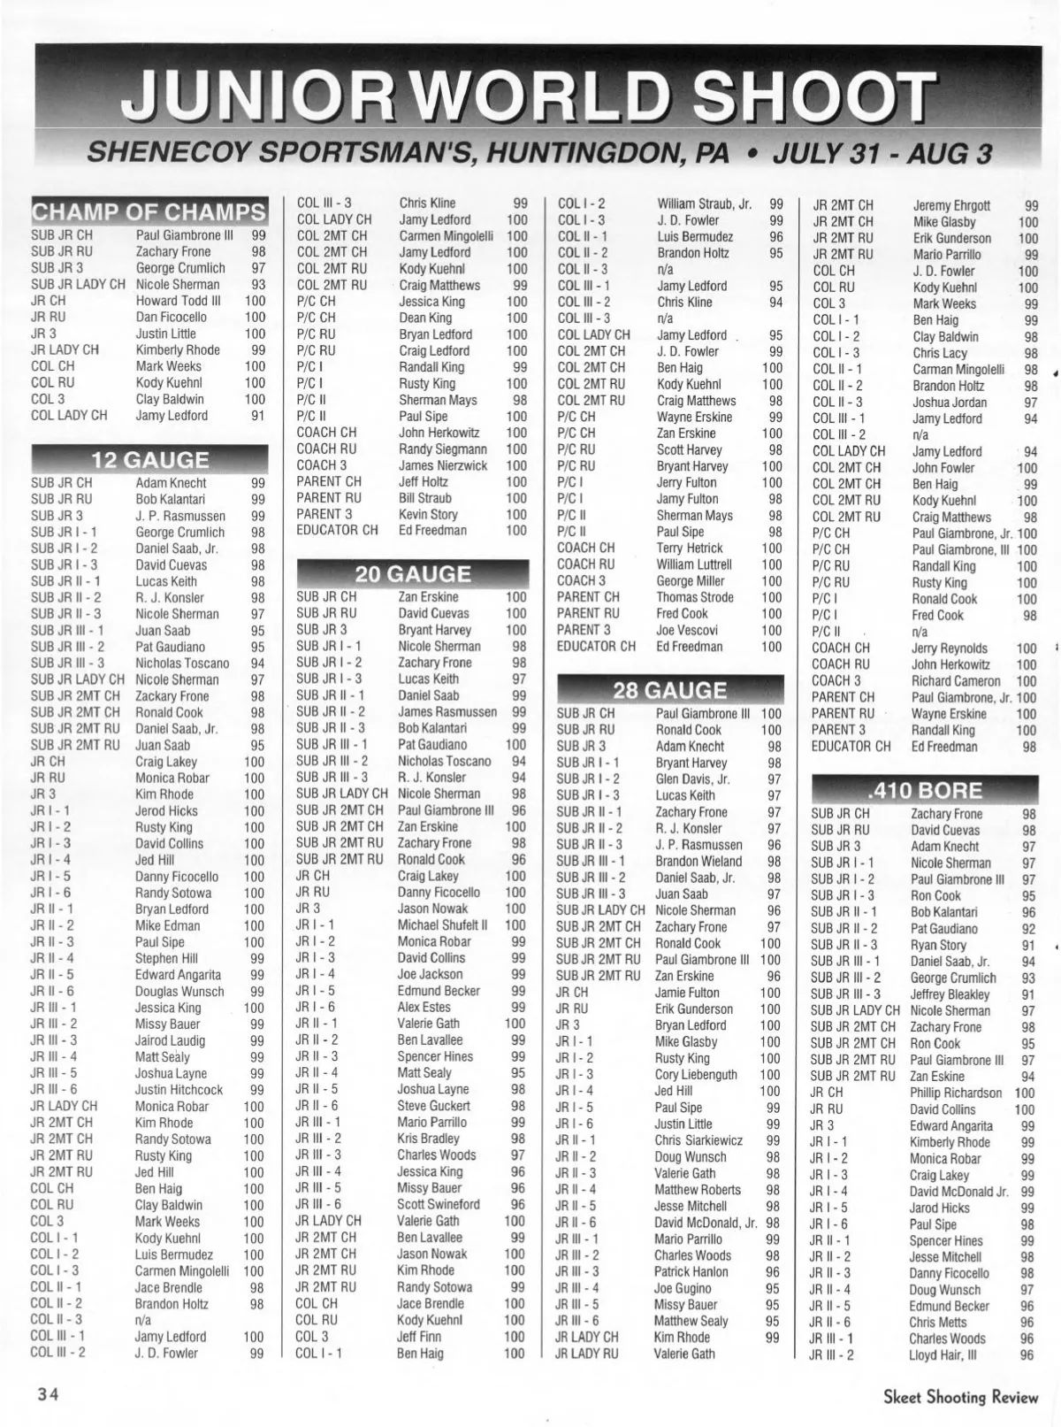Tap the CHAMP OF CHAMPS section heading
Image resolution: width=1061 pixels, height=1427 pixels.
pos(149,212)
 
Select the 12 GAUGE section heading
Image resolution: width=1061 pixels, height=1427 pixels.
pos(150,459)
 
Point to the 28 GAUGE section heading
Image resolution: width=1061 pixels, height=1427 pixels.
pos(669,690)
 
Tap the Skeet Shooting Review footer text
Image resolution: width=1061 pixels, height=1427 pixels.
pos(960,1397)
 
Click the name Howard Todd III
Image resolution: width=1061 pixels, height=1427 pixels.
pos(178,301)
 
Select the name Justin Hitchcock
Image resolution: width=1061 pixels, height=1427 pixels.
pos(179,1090)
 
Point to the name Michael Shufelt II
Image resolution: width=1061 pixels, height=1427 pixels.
pos(442,924)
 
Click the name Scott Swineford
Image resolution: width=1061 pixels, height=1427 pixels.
pos(439,1204)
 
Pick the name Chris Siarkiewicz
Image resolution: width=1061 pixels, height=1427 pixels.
pos(698,1140)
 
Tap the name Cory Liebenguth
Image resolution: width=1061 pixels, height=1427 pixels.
pos(696,1075)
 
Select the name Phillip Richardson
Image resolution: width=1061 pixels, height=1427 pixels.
pos(956,1093)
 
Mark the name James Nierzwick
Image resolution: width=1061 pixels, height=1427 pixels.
pos(443,465)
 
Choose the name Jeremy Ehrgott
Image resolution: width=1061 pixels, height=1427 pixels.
pos(951,205)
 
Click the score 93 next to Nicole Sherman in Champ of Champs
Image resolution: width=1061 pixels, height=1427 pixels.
pos(257,285)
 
